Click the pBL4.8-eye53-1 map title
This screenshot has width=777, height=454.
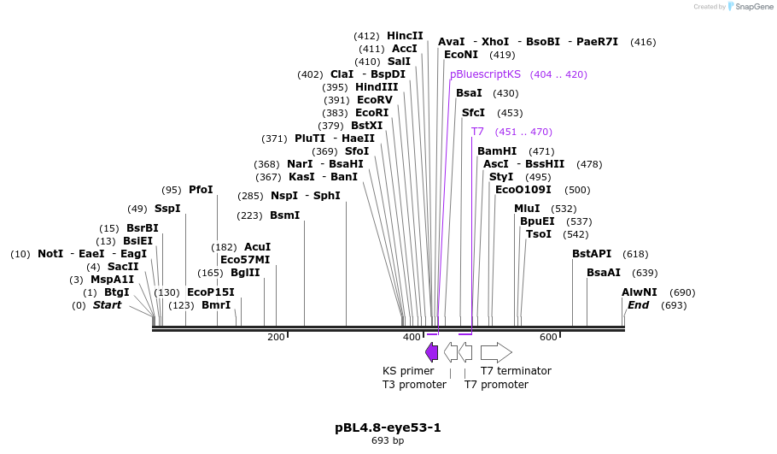(x=388, y=427)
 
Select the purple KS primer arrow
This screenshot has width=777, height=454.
(x=432, y=351)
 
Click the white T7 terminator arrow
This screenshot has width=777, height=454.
(x=496, y=351)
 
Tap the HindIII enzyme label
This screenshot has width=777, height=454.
(x=377, y=87)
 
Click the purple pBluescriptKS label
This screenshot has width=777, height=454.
(x=485, y=74)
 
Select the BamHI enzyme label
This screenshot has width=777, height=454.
(x=497, y=151)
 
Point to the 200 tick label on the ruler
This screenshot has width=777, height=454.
(x=276, y=337)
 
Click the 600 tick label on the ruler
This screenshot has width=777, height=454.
(x=548, y=337)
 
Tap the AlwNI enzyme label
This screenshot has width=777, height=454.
(x=639, y=292)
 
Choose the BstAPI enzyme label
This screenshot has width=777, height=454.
(x=592, y=254)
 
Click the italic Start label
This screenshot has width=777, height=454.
(x=107, y=305)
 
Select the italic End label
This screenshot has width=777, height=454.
(x=638, y=305)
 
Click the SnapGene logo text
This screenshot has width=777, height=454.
(x=751, y=7)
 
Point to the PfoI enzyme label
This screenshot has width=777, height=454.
(x=201, y=190)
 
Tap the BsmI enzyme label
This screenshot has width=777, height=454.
(x=284, y=215)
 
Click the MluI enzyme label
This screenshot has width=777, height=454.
(x=527, y=209)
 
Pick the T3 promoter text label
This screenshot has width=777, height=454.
(x=414, y=385)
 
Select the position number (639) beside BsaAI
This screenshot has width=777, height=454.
(x=645, y=273)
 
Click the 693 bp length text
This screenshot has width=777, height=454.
(x=388, y=441)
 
